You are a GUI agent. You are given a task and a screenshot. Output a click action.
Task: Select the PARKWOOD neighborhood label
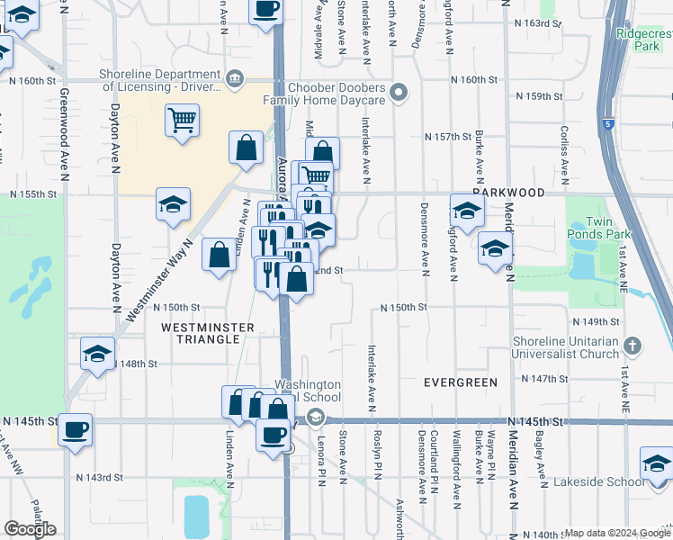509,193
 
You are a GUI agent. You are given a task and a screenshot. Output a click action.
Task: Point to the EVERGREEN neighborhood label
461,382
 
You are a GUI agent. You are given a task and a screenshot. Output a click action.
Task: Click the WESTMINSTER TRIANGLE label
202,333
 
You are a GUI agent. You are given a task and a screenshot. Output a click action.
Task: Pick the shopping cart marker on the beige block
182,120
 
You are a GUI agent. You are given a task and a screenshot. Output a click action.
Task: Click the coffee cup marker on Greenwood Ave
76,428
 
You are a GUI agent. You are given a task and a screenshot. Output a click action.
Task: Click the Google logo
31,528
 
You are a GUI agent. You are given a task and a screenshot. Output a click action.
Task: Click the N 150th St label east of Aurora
402,307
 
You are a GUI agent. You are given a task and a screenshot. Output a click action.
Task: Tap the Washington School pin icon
315,417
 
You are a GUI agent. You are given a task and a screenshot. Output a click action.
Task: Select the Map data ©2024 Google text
616,533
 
